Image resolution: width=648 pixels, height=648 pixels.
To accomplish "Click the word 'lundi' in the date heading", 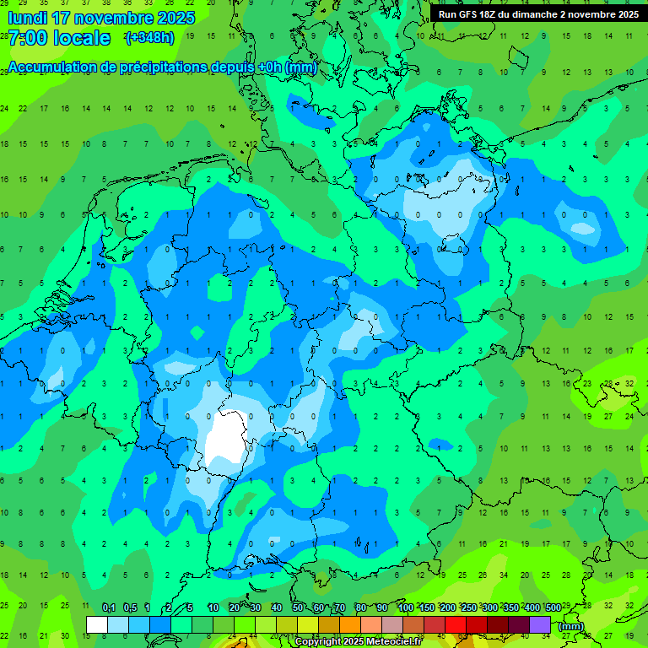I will (27, 18).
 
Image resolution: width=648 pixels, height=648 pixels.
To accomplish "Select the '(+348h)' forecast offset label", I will (149, 38).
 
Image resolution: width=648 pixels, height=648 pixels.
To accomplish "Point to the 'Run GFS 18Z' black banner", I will (537, 14).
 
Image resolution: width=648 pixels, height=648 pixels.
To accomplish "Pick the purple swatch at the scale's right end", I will (541, 624).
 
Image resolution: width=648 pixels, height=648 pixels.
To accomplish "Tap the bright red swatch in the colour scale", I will (456, 624).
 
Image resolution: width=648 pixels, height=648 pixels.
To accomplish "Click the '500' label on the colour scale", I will (553, 607).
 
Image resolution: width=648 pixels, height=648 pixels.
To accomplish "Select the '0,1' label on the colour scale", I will (109, 607).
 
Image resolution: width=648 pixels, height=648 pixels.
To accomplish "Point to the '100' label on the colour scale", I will (405, 607).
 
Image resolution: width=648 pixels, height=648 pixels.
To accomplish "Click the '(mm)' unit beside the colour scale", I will (571, 626).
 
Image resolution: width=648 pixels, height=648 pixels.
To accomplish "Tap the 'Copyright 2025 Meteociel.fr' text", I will (358, 642).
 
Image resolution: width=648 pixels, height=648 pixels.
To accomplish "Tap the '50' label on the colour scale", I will (298, 607).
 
